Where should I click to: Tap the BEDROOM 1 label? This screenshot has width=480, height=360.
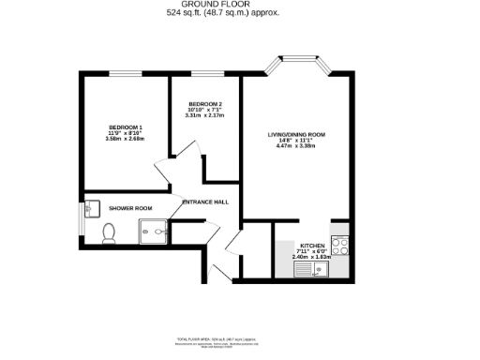[125, 127]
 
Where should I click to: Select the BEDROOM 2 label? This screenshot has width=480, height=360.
[204, 104]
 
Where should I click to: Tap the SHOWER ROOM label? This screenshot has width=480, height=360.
[130, 208]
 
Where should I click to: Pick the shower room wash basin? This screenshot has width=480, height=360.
[91, 208]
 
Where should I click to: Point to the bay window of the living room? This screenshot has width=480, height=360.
[297, 65]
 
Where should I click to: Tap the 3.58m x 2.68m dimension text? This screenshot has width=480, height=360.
[125, 138]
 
